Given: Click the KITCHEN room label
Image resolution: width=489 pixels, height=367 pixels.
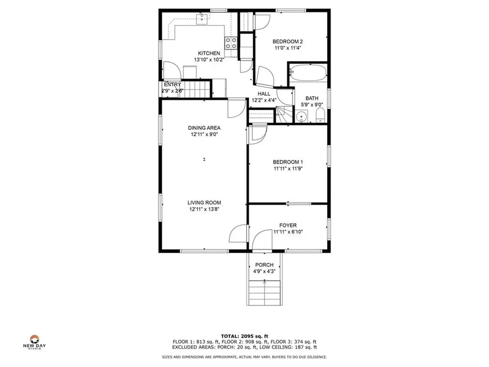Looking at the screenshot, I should click(x=209, y=53).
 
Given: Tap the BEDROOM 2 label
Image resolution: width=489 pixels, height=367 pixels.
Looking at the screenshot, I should click(x=288, y=42).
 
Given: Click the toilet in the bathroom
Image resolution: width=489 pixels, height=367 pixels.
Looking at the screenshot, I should click(x=320, y=115).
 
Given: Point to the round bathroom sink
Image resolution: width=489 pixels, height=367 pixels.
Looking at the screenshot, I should click(x=301, y=117).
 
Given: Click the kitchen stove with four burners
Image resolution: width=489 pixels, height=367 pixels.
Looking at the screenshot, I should click(x=231, y=43).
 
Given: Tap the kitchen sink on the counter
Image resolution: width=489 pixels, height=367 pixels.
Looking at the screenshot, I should click(x=203, y=18).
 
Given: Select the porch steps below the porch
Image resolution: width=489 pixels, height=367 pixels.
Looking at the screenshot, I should click(x=264, y=292).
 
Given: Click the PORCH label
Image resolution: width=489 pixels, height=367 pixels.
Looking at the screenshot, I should click(x=264, y=265).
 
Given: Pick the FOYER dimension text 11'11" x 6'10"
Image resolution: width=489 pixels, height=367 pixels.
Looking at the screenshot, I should click(x=288, y=232).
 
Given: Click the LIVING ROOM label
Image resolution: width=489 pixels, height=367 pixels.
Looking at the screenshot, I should click(x=204, y=202).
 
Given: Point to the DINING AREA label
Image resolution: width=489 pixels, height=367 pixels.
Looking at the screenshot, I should click(x=204, y=128).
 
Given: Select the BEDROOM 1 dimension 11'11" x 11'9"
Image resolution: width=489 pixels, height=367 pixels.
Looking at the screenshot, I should click(x=288, y=168).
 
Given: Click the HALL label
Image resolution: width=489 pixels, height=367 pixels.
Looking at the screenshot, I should click(x=264, y=94).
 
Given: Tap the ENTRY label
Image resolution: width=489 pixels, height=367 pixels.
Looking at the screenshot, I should click(x=172, y=85).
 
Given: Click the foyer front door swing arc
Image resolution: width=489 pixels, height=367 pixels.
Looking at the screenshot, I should click(x=260, y=239).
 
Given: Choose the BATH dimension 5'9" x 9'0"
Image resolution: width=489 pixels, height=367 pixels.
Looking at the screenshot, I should click(x=312, y=105).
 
